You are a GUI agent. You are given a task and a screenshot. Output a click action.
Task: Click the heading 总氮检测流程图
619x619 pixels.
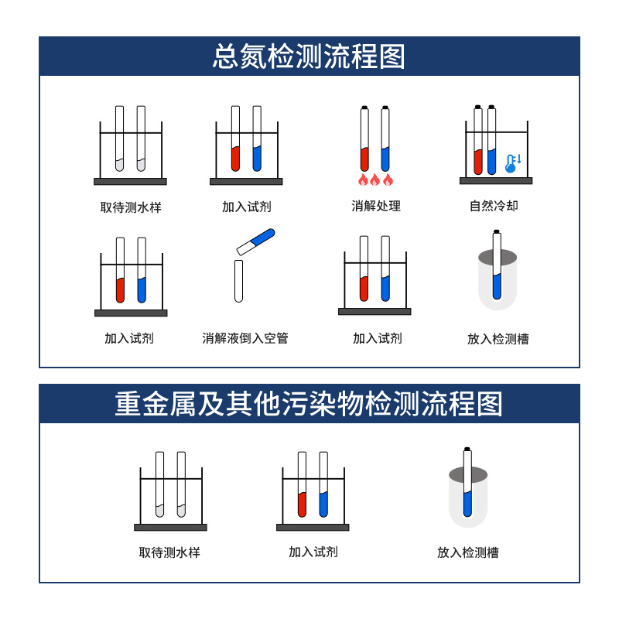309,57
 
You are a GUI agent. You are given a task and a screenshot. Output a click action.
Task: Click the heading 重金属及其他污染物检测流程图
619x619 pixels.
309,404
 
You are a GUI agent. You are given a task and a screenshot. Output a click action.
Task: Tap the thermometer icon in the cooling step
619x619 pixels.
511,162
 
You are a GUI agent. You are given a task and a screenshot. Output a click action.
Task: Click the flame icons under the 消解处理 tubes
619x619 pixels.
375,180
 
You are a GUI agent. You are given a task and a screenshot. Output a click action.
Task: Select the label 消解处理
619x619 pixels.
376,207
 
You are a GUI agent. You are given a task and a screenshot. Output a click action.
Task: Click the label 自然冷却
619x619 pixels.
494,207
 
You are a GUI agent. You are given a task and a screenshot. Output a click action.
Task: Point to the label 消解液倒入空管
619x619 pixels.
245,339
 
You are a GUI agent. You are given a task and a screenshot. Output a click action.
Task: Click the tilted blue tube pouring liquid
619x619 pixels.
256,241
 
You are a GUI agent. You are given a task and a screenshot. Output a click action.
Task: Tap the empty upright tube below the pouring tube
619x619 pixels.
239,280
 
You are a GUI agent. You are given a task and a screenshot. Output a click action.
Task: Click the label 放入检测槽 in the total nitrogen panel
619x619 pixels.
498,339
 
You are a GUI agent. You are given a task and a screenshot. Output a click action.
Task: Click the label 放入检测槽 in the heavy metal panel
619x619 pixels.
467,552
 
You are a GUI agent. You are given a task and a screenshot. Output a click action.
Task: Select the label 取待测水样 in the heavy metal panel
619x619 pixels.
169,552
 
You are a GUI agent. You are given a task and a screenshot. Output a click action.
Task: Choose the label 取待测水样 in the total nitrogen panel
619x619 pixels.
131,207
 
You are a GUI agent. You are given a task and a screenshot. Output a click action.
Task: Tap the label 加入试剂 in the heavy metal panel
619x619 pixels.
313,552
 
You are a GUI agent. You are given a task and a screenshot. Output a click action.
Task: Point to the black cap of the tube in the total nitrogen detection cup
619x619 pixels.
497,231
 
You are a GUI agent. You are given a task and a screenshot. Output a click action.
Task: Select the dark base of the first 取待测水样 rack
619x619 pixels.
130,182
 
